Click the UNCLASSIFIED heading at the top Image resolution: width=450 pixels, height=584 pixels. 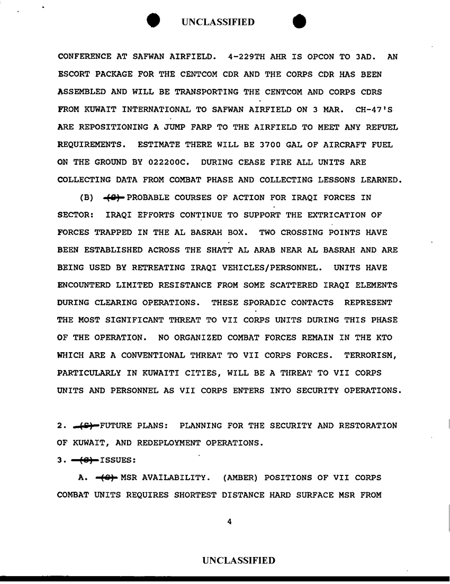218,22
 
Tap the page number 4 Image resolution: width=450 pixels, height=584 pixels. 229,522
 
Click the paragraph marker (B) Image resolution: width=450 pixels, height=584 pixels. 86,198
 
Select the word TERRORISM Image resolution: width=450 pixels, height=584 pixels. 371,355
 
